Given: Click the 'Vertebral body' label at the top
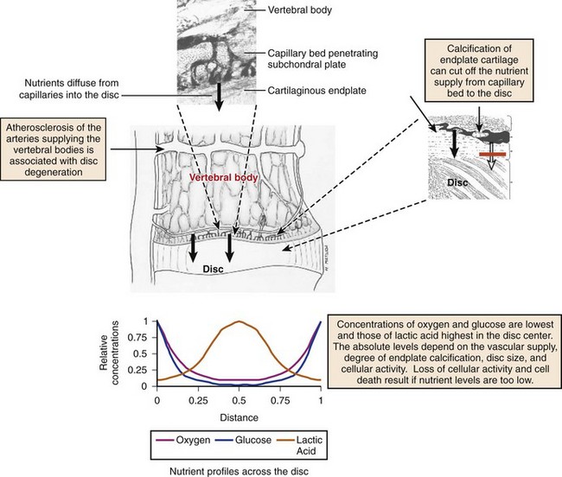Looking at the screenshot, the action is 300,10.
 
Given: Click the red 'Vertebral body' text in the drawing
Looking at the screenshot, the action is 224,178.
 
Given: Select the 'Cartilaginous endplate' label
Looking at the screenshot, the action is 316,91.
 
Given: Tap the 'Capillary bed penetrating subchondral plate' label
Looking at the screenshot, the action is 323,59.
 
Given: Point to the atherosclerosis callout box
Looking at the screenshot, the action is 54,149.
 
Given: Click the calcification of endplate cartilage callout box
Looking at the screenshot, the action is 479,71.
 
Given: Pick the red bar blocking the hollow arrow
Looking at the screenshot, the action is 493,155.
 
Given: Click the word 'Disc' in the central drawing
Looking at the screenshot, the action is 213,270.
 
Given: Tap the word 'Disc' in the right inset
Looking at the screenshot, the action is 457,182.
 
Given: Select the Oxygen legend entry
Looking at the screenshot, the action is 183,440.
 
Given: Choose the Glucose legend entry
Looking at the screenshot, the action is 243,440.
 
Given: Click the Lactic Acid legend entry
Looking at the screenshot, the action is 300,445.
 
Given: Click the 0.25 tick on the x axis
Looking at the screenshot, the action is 198,400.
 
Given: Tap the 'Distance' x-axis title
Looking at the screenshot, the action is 239,417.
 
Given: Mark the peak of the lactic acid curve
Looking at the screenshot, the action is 239,321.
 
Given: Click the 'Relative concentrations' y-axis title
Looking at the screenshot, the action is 109,353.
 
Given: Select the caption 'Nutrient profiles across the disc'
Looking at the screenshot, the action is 239,471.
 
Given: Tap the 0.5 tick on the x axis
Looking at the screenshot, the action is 239,400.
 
